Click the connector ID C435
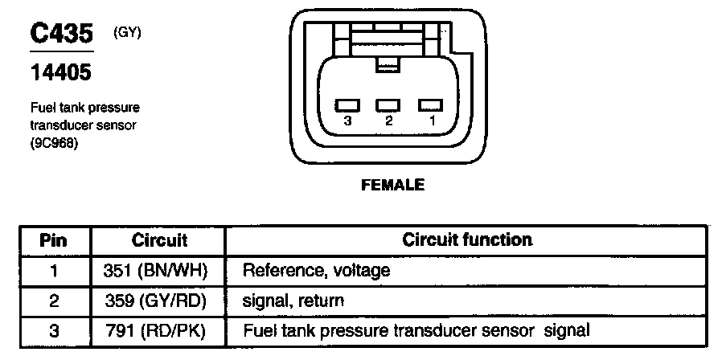pos(62,34)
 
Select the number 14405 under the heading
pos(60,74)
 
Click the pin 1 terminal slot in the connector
pos(431,104)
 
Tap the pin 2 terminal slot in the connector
pos(388,104)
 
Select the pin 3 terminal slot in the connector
pos(347,104)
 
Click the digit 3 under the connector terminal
pos(347,121)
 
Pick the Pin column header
pos(54,240)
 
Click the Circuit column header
pos(159,240)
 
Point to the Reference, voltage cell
pos(316,271)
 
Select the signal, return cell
pos(293,301)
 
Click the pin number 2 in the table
pos(54,301)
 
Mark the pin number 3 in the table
pos(54,329)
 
